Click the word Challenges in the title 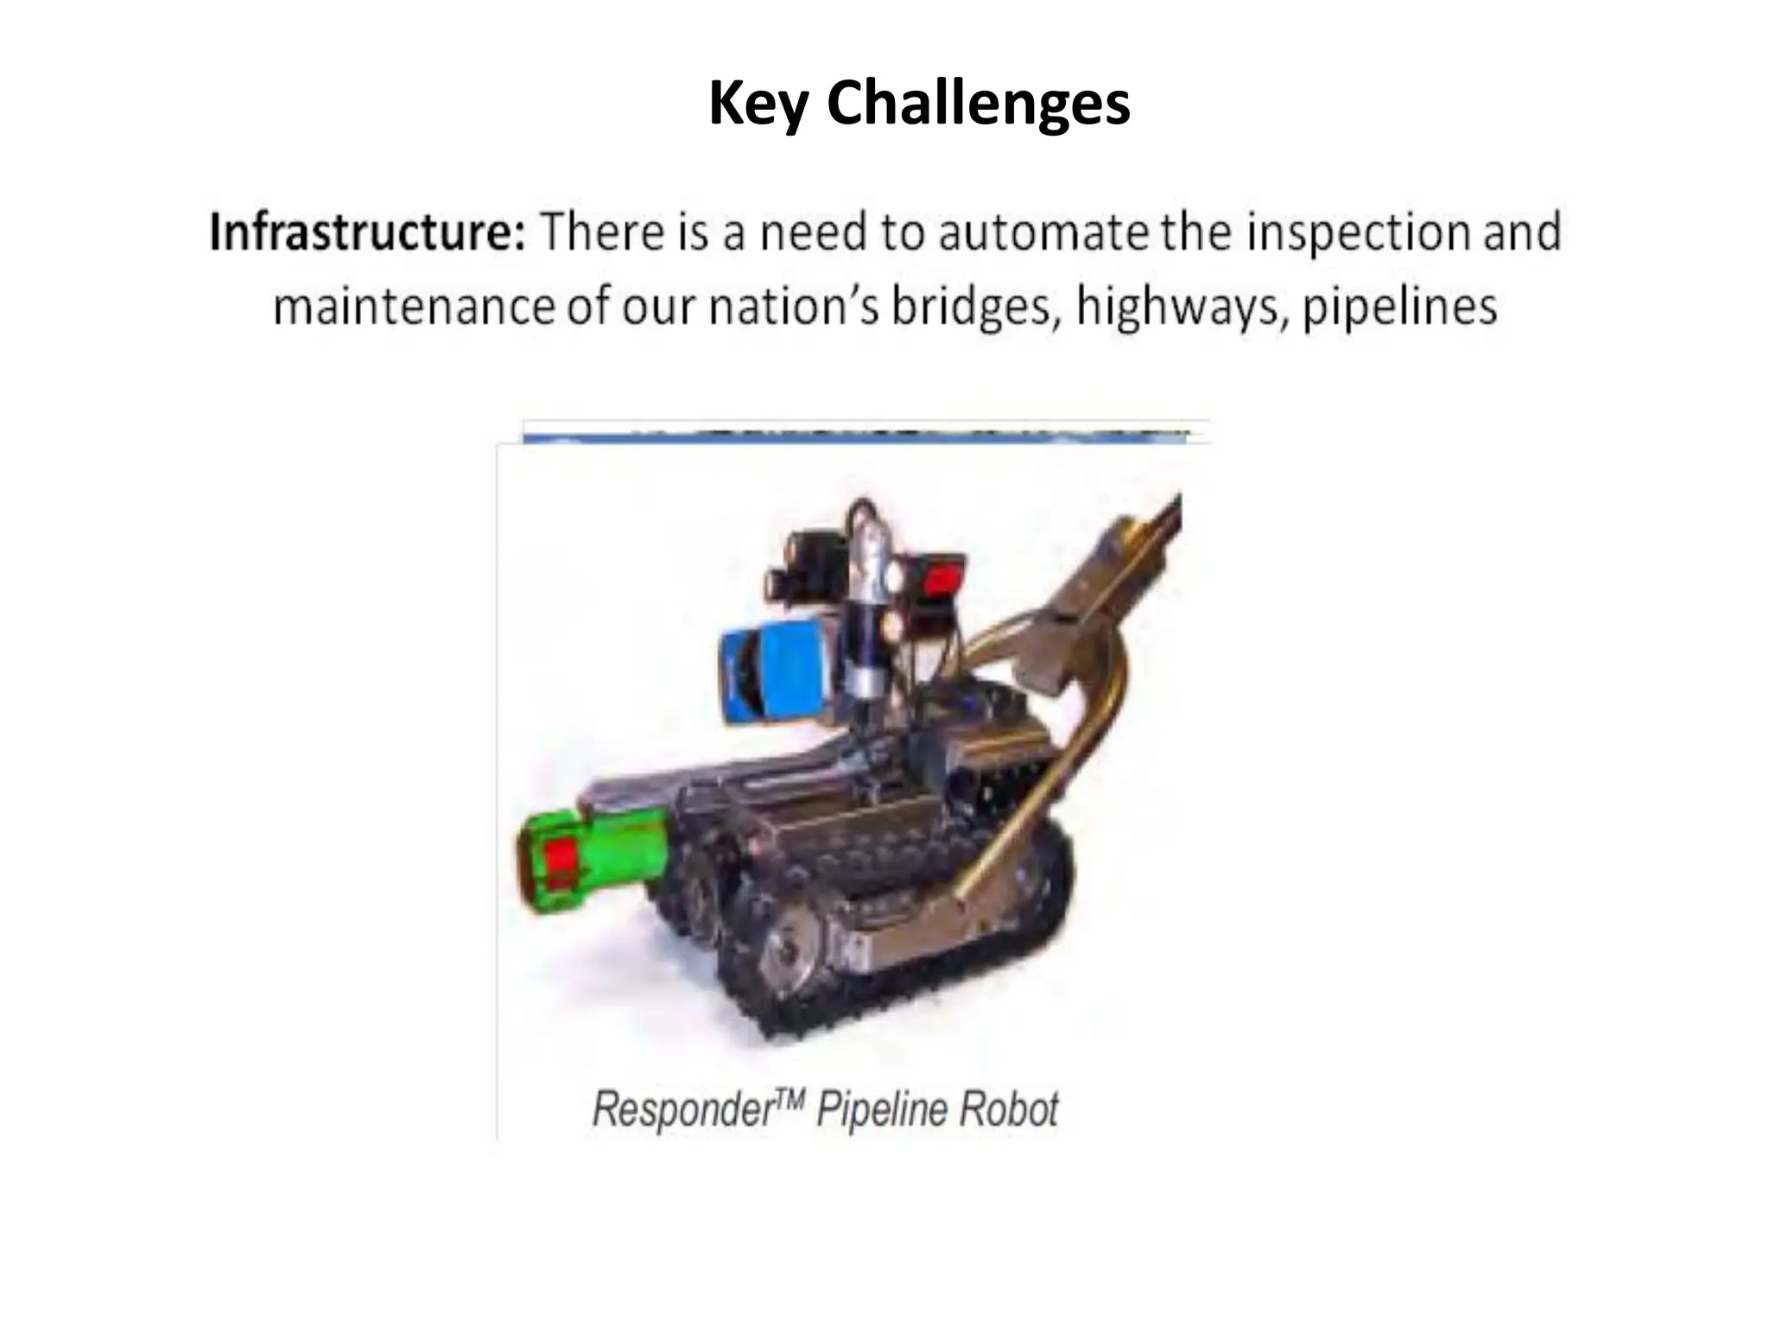(x=978, y=104)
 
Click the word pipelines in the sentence (x=1399, y=308)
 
